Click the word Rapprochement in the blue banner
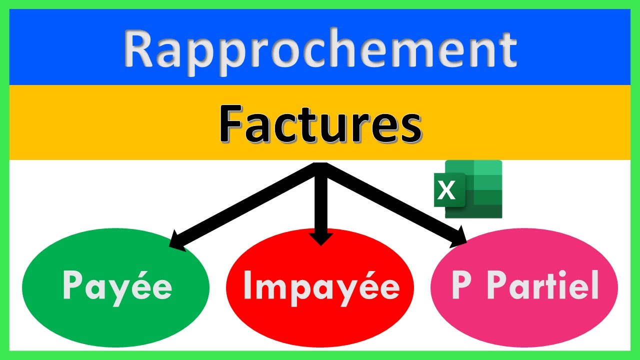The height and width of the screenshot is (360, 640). tap(320, 48)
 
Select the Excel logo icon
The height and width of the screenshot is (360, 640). tap(468, 189)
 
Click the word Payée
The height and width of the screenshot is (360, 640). tap(117, 286)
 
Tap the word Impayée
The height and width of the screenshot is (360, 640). tap(321, 286)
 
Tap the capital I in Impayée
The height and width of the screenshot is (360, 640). tap(247, 285)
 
